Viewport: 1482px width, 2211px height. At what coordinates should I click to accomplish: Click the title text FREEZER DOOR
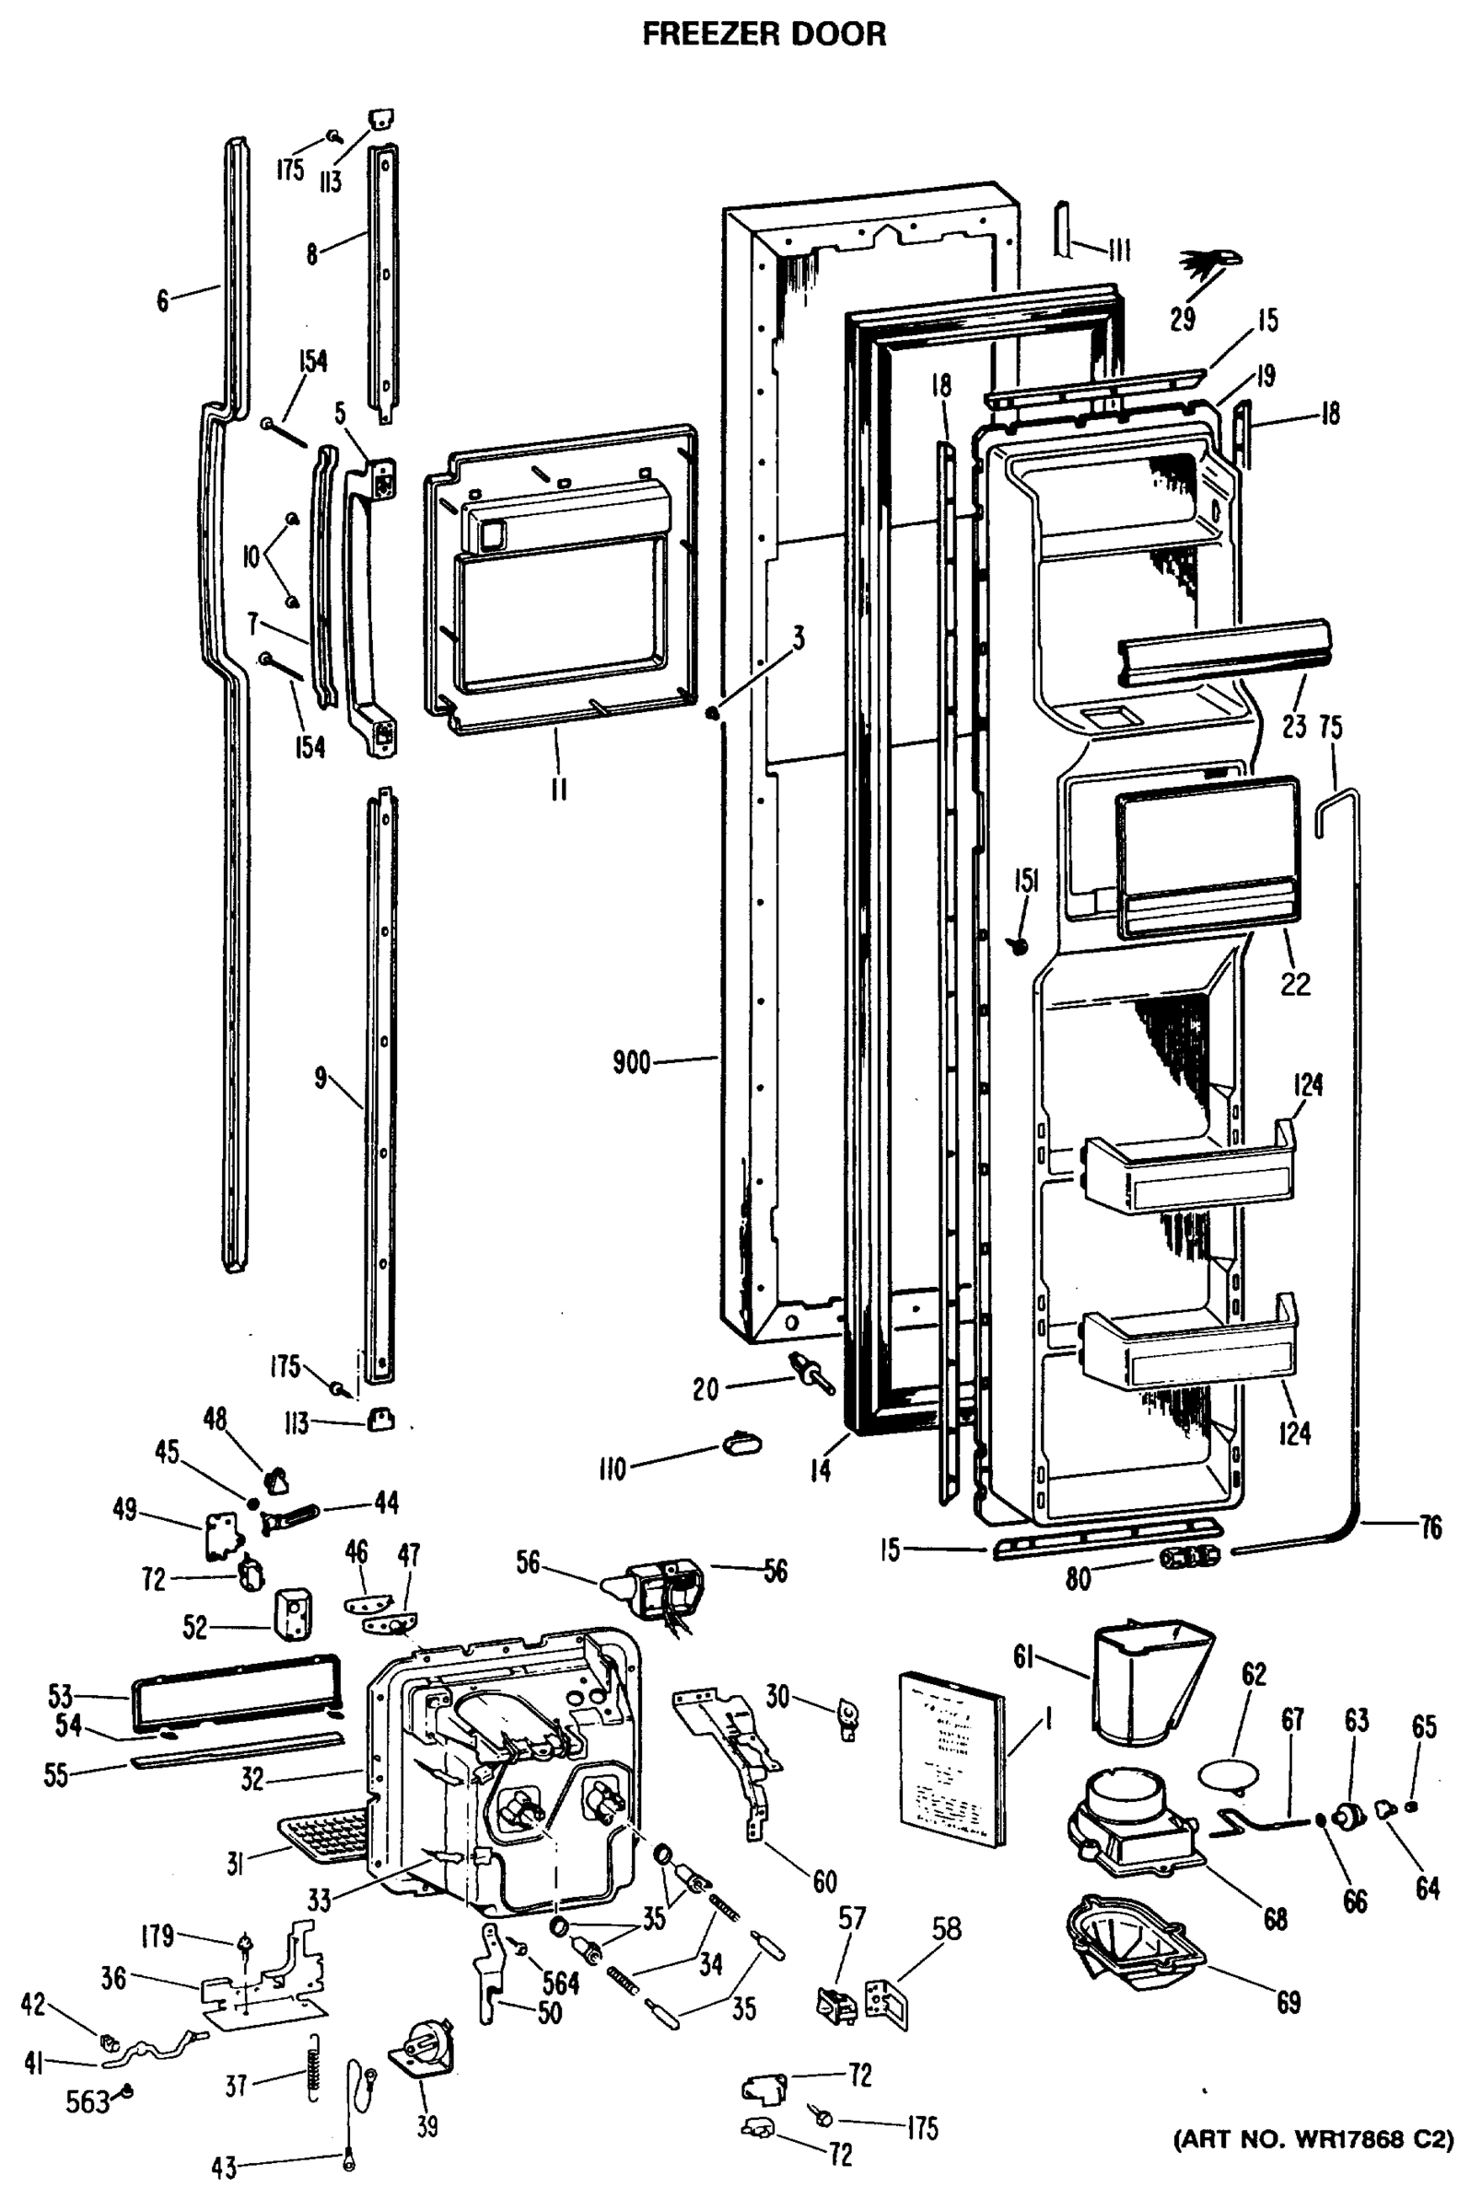click(764, 34)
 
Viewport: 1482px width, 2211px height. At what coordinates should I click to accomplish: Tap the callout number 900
click(631, 1062)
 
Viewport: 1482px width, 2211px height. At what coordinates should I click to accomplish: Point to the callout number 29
click(1182, 320)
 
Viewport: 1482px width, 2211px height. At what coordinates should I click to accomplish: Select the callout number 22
click(1295, 984)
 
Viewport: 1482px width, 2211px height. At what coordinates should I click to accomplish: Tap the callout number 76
click(1430, 1527)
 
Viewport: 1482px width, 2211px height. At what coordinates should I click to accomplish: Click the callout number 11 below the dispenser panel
click(558, 790)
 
